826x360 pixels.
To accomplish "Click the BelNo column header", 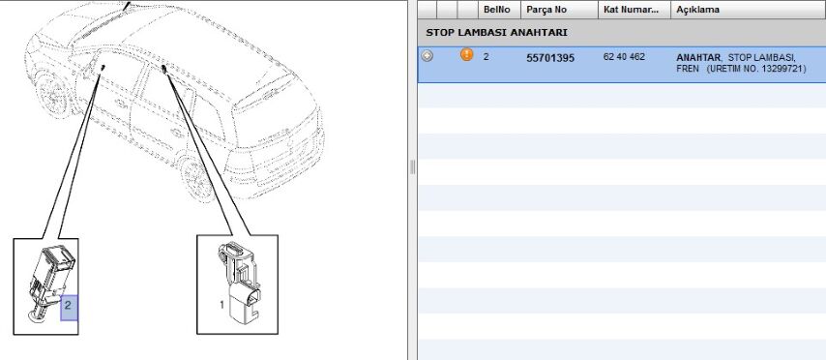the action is tap(496, 10).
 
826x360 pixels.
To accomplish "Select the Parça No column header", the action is tap(546, 10).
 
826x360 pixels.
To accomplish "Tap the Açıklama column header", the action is tap(697, 10).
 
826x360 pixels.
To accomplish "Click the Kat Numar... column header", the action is tap(631, 10).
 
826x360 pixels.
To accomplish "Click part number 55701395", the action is tap(550, 58).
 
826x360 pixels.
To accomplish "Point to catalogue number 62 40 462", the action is tap(624, 57).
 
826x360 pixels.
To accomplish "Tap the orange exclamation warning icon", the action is tap(467, 54).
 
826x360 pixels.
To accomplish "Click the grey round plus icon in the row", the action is tap(428, 55).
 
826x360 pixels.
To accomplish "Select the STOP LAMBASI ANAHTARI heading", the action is tap(496, 33).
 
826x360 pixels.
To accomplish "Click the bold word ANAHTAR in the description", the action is tap(698, 57).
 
